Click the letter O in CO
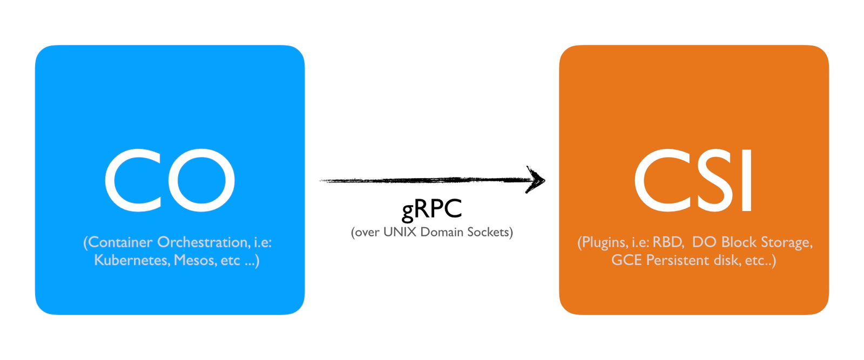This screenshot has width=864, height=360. pos(201,180)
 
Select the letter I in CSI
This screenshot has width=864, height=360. pos(746,180)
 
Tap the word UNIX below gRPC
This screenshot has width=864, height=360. pos(400,232)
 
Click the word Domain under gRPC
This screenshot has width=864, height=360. pos(442,232)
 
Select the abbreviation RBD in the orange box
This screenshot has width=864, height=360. pos(669,242)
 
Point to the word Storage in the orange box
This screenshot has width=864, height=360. pos(786,242)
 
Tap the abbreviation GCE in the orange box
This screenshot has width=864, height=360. pos(626,260)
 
